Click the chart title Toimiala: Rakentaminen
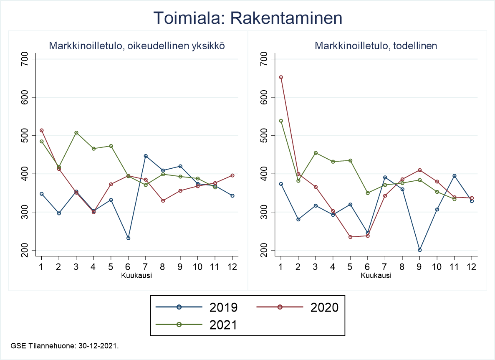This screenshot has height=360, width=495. coord(247,18)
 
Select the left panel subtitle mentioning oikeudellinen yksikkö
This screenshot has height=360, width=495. coord(137,46)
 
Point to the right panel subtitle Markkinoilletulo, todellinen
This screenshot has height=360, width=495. coord(376,46)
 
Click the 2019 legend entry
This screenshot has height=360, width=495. coord(197,307)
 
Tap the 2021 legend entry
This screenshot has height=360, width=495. coord(197,325)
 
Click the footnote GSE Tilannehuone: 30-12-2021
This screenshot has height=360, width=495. coord(66,346)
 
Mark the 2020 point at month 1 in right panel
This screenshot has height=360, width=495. coord(281,77)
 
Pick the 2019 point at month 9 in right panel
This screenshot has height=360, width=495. coord(420,250)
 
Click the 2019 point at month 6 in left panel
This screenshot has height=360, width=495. coord(128,238)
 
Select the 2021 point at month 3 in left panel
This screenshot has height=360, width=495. coord(76,133)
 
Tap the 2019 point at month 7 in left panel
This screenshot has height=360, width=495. coord(146,156)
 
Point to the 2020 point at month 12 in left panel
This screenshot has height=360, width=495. coord(232,175)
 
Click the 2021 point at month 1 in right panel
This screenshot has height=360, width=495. coord(281,121)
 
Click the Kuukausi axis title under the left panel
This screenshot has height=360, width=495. coord(136,276)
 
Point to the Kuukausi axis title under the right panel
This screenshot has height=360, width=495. coord(376,276)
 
